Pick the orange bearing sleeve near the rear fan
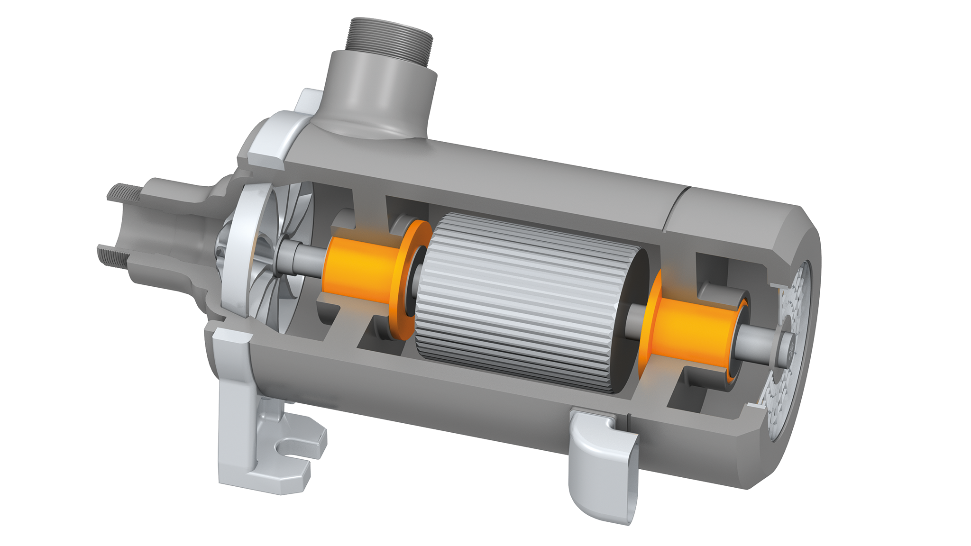(x=692, y=332)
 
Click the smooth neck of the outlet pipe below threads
(x=379, y=90)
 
